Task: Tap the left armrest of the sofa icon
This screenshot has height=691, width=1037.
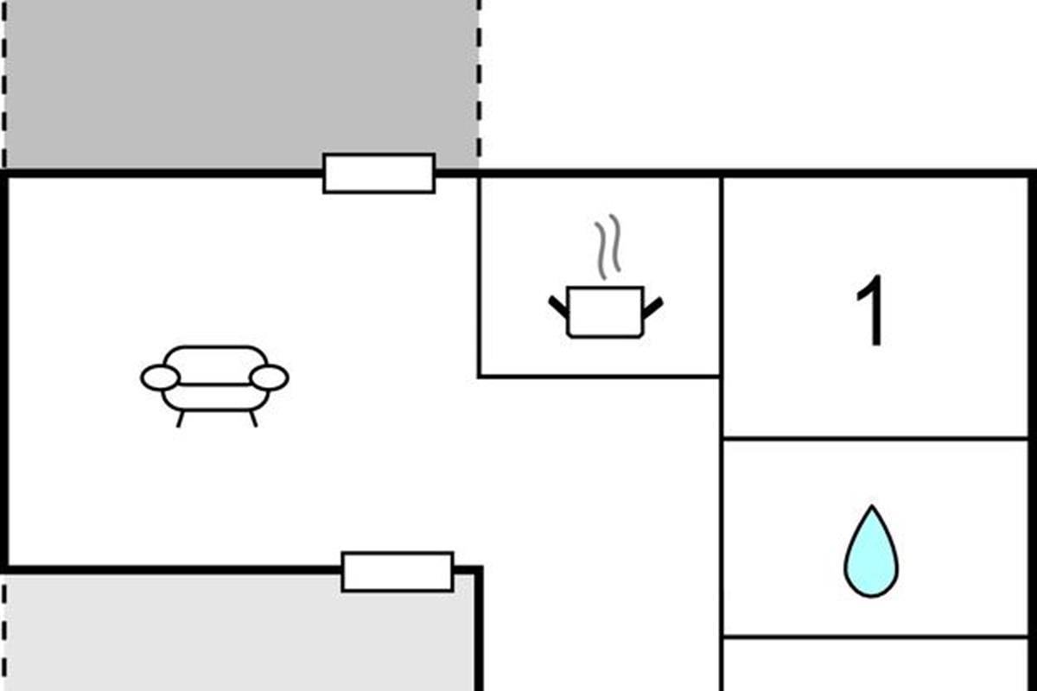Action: (160, 377)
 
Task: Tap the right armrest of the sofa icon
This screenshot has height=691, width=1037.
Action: (270, 377)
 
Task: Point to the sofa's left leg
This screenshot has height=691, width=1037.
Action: (180, 419)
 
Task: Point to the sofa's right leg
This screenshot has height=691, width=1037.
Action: (253, 418)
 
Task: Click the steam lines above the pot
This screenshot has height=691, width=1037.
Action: (608, 247)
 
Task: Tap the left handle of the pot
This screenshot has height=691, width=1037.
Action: (558, 307)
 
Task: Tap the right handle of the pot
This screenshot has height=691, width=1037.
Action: (653, 307)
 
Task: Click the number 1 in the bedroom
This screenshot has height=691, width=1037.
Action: (871, 311)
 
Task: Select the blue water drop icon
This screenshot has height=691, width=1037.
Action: (871, 551)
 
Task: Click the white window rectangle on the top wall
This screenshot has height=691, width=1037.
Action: (379, 173)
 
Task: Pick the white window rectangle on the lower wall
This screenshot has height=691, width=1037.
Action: (398, 572)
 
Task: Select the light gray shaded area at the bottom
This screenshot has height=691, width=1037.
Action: (239, 632)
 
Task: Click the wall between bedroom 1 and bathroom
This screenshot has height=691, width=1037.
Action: (875, 437)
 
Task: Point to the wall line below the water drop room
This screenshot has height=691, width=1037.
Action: (875, 637)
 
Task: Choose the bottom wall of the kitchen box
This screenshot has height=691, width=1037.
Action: (599, 376)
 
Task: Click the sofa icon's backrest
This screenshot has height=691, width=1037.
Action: (215, 365)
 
